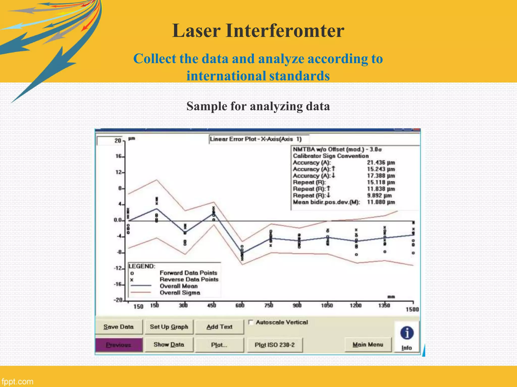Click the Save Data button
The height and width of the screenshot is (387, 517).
click(x=118, y=327)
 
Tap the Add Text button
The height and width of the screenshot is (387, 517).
click(x=219, y=327)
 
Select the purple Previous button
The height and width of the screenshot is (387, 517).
click(x=119, y=345)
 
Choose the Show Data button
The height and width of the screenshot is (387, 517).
click(x=169, y=345)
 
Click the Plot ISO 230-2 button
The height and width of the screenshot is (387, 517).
click(x=275, y=345)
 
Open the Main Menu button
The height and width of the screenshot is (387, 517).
click(x=368, y=345)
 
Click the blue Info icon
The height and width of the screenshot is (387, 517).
click(x=407, y=333)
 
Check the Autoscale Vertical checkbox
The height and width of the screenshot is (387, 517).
click(x=251, y=322)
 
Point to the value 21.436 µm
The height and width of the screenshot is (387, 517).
click(x=381, y=163)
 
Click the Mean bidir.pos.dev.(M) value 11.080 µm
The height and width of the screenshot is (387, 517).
click(x=381, y=202)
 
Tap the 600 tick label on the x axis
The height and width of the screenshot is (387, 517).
click(x=240, y=306)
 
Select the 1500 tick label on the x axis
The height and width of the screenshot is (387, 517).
click(x=412, y=309)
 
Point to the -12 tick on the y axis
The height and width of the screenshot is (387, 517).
click(x=118, y=268)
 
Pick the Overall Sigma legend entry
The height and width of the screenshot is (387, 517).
click(x=180, y=293)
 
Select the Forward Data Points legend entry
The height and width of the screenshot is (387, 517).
click(x=188, y=273)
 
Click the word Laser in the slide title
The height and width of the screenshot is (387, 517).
click(x=196, y=31)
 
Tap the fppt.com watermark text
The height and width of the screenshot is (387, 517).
click(x=17, y=381)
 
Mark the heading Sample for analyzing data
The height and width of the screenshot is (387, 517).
click(x=258, y=106)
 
